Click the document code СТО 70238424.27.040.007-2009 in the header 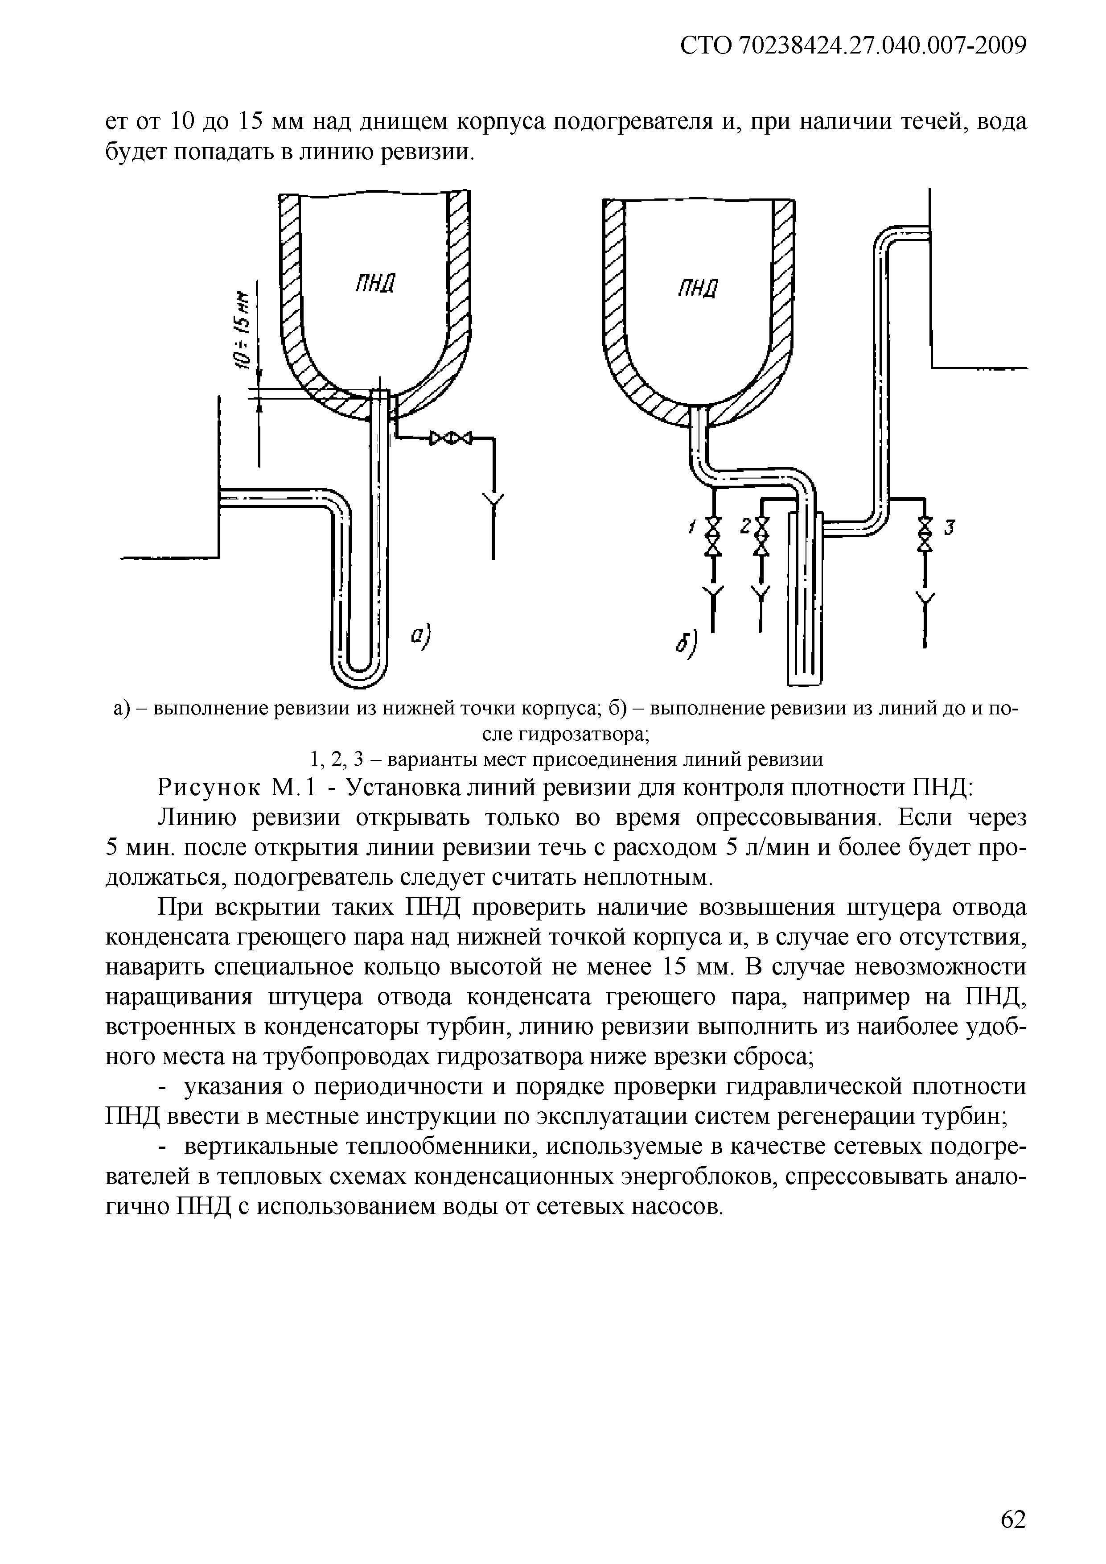(853, 46)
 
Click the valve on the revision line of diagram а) (450, 438)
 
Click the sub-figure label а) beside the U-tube (422, 637)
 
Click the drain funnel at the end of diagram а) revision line (493, 503)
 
